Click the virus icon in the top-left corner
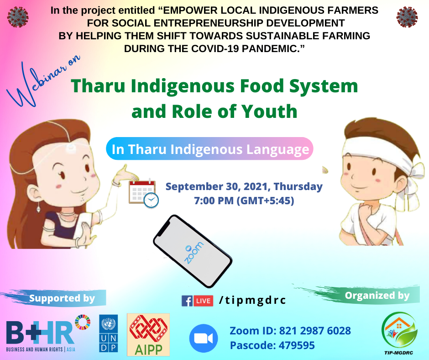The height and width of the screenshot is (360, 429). pos(18,17)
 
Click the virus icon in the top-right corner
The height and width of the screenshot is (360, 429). pos(407,17)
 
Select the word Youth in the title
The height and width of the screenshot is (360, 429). pos(269,111)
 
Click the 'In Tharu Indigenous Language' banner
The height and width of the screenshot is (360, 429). pos(209,149)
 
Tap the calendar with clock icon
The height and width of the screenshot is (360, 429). pos(144,193)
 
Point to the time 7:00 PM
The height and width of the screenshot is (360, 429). pos(214,201)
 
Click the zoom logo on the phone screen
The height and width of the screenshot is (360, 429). pos(194,253)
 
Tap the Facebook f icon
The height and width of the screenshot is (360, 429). pos(187,301)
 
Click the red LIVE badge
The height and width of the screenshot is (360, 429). pos(203,301)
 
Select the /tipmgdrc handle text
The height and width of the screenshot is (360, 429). pos(252,301)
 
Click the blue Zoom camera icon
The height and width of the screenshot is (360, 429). pos(204,338)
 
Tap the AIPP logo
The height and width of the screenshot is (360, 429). pos(148,334)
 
